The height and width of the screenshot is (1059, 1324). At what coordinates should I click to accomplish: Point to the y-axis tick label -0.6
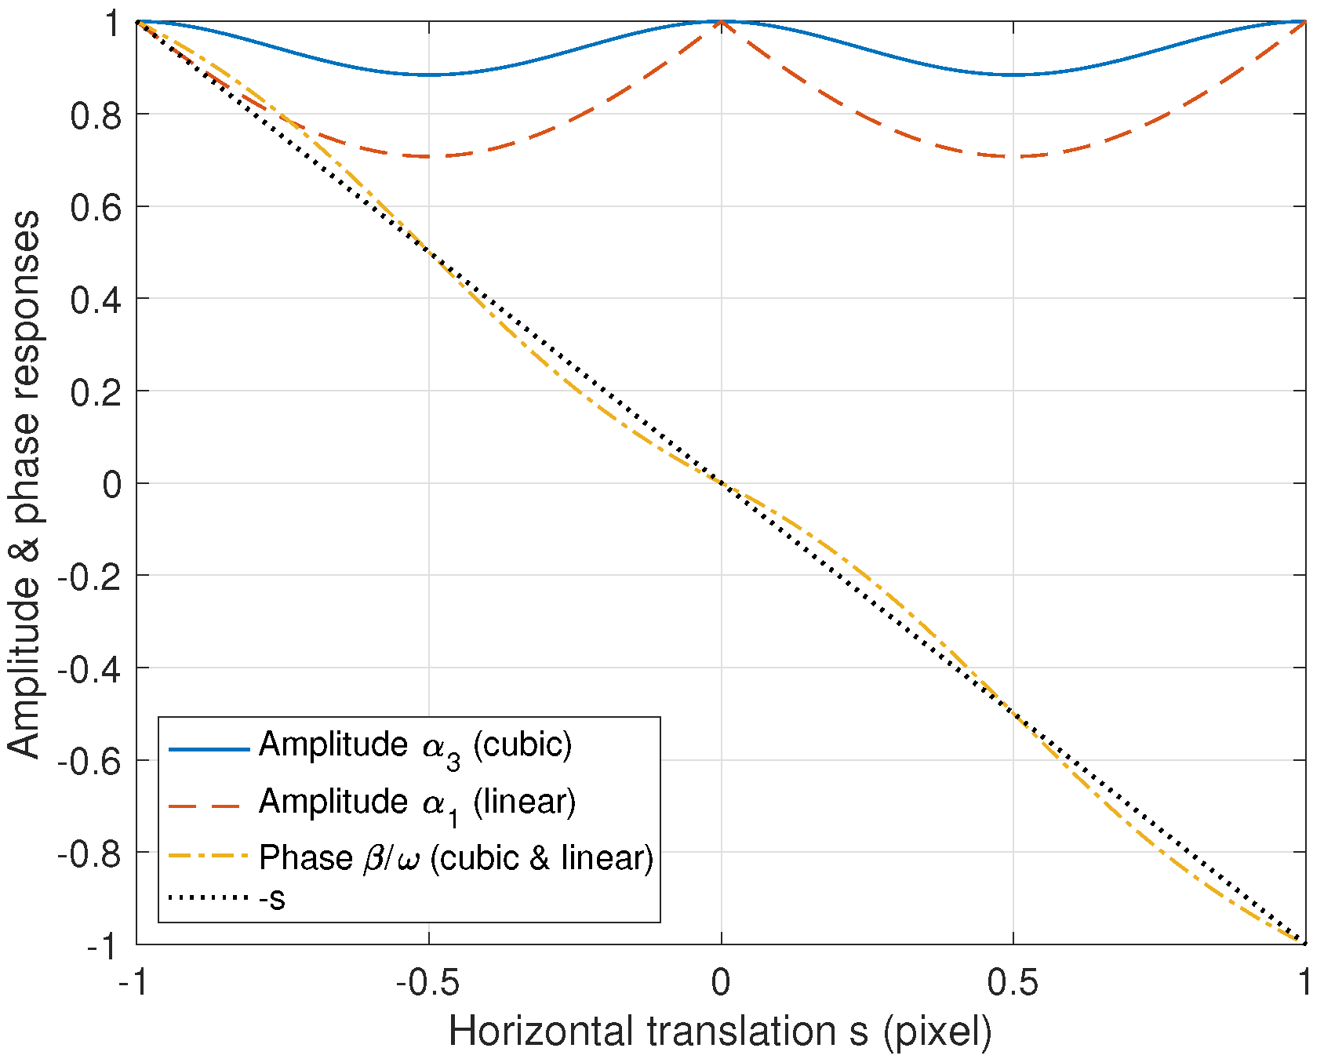click(89, 761)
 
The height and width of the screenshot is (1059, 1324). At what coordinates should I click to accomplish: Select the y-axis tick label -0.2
click(89, 577)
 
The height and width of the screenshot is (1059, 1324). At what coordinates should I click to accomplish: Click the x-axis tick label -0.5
click(427, 982)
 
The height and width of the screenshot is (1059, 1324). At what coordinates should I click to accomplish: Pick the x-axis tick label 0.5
click(1013, 982)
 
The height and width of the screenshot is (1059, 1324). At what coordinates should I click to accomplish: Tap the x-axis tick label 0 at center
click(721, 982)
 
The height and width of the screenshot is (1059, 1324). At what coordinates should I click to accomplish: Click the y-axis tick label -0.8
click(89, 853)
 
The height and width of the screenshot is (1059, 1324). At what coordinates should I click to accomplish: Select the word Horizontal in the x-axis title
click(541, 1031)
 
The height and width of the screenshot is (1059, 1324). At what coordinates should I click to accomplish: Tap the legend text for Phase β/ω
click(456, 858)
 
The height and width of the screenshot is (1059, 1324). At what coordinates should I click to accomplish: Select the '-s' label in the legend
click(272, 898)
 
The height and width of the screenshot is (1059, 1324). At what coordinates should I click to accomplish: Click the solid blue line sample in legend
click(209, 749)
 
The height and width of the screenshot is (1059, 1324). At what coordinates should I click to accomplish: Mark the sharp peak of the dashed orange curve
click(721, 22)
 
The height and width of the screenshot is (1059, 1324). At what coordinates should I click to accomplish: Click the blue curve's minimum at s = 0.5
click(1013, 75)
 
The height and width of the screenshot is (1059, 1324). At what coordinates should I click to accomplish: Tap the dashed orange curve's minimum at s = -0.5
click(428, 156)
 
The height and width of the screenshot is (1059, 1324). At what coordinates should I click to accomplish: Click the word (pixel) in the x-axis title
click(937, 1031)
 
